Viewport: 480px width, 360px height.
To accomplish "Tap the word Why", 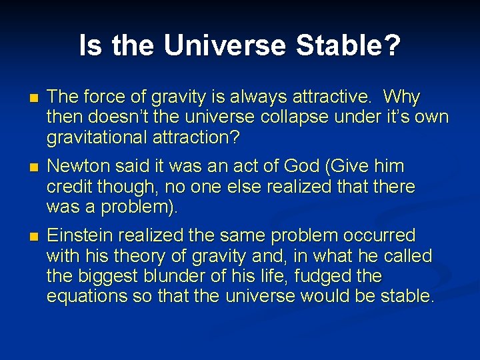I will click(x=403, y=97).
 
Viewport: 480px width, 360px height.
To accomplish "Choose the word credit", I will click(x=69, y=187).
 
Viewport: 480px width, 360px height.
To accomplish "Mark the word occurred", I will click(x=381, y=235).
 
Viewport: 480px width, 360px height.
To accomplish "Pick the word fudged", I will click(x=333, y=276).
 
